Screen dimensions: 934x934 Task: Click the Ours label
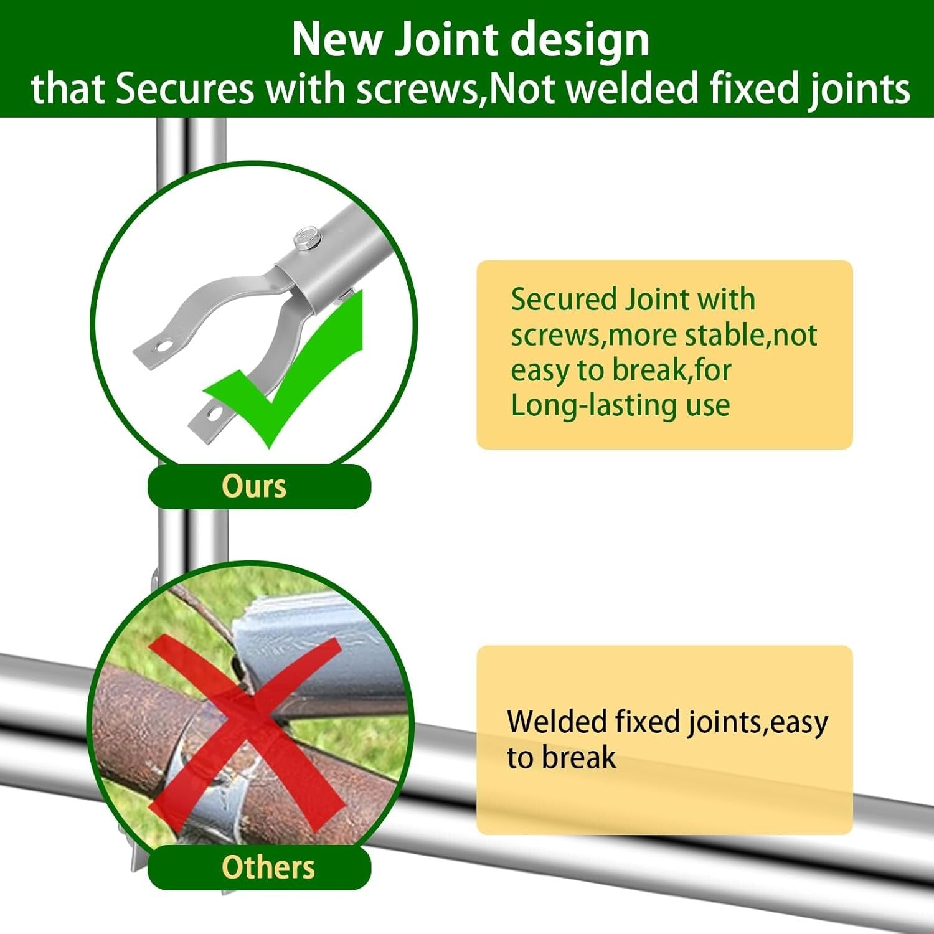[254, 486]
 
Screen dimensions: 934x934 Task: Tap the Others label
[268, 867]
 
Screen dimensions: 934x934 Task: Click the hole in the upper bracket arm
[163, 346]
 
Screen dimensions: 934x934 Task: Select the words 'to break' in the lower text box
[561, 758]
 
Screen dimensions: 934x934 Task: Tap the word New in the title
[336, 40]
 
